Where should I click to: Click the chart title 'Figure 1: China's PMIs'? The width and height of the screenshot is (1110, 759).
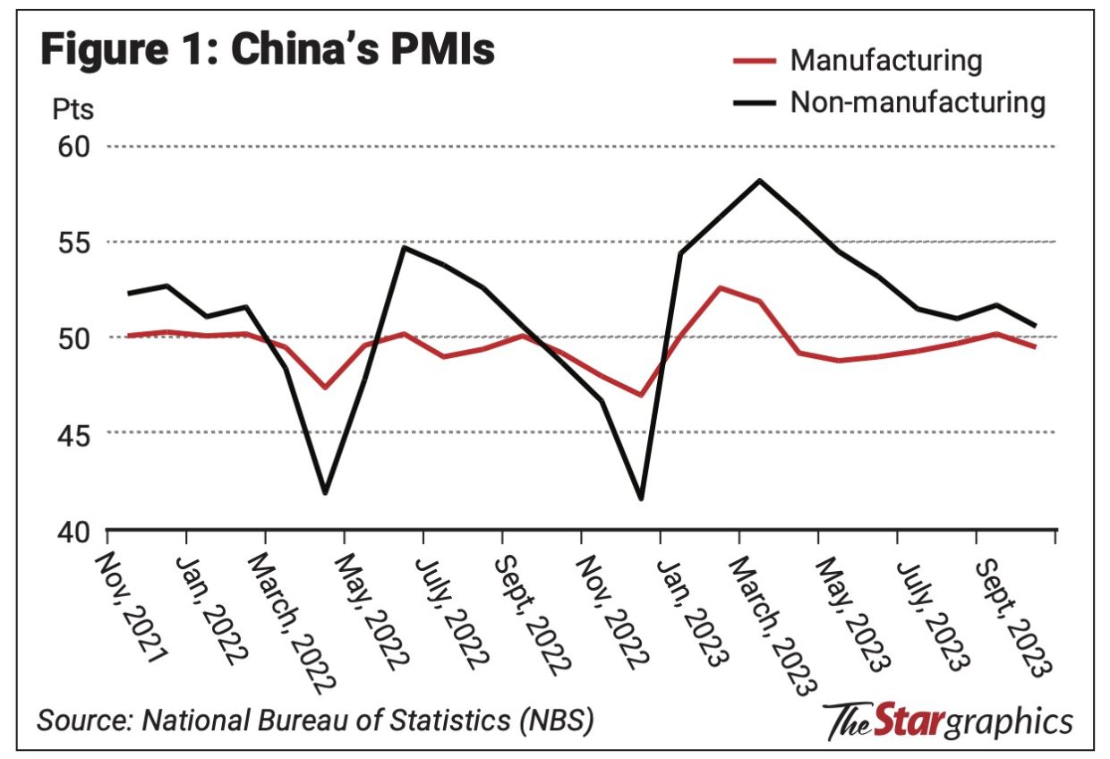[268, 51]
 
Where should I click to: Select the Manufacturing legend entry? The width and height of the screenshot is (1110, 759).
[885, 61]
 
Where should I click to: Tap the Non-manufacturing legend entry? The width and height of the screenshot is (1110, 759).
[917, 102]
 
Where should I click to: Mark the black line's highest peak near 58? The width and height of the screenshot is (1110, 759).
[759, 180]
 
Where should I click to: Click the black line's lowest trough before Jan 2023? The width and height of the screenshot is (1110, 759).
[641, 499]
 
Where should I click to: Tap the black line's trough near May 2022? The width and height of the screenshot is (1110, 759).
[324, 492]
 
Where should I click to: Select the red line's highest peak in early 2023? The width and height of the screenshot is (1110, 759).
[720, 287]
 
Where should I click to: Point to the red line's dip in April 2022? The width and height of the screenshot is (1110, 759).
[324, 388]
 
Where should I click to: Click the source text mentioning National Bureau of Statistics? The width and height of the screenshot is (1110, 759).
[314, 720]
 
